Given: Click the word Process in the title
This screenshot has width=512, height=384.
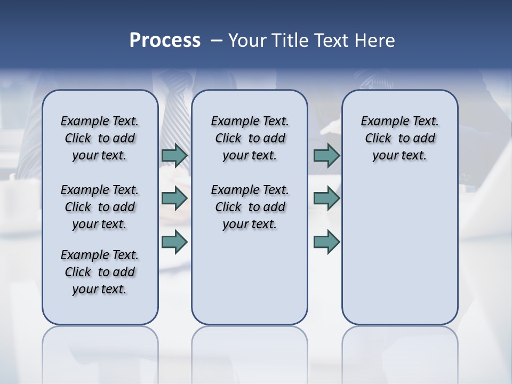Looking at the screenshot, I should tap(165, 41).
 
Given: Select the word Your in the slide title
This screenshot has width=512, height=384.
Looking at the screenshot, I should tap(247, 41).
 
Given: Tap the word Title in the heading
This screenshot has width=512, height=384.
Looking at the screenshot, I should tap(290, 41).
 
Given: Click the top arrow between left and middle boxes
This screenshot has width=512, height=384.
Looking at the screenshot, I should tap(174, 156).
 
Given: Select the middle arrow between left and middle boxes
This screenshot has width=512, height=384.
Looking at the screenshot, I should tap(174, 198).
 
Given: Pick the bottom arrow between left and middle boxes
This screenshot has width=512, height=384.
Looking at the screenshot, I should tap(174, 242).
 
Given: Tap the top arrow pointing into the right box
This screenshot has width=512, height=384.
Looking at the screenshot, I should tap(326, 156).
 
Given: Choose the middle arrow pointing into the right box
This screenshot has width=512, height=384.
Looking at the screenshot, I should tap(326, 198).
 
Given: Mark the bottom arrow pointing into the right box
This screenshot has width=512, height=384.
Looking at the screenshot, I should tap(326, 242).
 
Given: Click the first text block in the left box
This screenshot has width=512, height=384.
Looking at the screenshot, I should tap(100, 138).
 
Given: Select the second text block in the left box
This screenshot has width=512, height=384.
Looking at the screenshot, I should tap(100, 207).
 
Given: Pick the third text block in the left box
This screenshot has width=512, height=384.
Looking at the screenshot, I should tap(100, 272).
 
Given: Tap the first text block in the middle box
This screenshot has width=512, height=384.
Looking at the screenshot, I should tap(250, 138).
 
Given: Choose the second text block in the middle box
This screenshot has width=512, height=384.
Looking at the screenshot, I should tap(250, 207).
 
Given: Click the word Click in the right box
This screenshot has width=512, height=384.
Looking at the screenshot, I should tap(378, 138).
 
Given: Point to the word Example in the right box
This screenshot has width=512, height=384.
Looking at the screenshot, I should tap(380, 121).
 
